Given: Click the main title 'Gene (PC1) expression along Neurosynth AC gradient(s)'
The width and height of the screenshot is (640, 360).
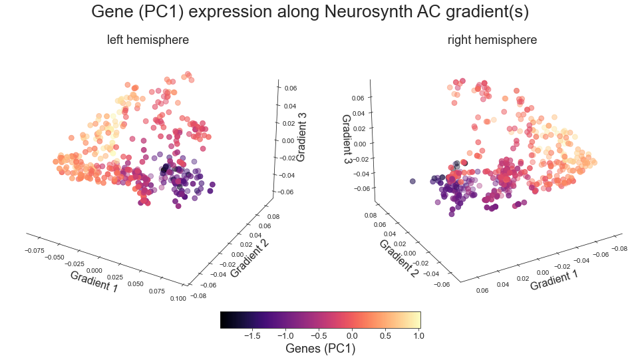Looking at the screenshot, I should pos(319,12).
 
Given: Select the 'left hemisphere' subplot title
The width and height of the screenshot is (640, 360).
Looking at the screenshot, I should pos(148,40).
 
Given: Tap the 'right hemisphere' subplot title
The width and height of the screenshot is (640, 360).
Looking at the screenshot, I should pos(492,40).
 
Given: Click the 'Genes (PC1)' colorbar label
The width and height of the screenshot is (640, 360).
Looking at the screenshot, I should pos(320,348).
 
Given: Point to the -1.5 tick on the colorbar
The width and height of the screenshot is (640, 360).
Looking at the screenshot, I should pos(253,335).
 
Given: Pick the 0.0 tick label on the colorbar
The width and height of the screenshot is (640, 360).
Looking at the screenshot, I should pos(352,335).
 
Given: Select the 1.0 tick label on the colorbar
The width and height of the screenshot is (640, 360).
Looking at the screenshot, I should pos(418,335).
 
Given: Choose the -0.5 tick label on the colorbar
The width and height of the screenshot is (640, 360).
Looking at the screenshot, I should pos(319,335).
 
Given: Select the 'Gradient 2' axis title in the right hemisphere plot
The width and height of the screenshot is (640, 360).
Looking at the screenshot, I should pos(398,258).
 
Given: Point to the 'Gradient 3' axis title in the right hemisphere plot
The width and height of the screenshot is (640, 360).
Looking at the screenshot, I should pos(347,139).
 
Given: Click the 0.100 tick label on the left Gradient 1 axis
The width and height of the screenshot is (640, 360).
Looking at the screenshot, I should pos(178,299).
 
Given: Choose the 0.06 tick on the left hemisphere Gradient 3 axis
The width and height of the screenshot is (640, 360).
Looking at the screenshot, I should pos(291,88).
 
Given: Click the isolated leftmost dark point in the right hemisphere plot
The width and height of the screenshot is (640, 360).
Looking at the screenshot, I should pos(413,181).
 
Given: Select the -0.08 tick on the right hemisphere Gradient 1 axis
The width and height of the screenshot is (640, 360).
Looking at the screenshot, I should pos(619,248).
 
